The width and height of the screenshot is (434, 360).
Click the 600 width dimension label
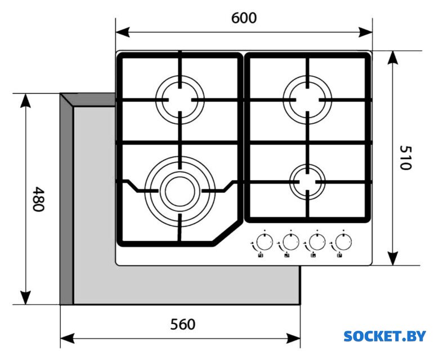244,18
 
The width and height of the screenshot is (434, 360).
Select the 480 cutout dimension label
38,199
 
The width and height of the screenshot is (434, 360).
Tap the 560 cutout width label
183,325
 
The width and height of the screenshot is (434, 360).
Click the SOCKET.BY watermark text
384,336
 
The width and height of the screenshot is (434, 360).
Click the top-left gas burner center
180,100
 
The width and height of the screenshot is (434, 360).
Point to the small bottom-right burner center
307,181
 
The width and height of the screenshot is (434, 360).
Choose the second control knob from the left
289,242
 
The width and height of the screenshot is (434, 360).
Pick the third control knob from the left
316,242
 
